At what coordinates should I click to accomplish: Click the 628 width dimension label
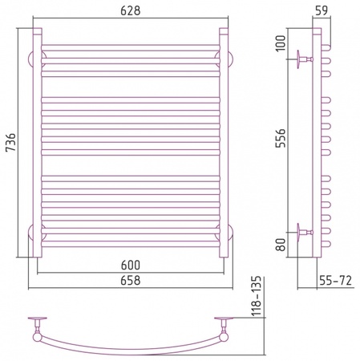tap(130, 10)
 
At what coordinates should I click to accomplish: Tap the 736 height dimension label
tap(11, 142)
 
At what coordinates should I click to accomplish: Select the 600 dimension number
tap(131, 265)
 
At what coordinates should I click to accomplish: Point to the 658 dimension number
tap(131, 281)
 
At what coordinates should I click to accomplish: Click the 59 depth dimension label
tap(322, 10)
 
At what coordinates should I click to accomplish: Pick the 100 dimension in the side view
tap(281, 43)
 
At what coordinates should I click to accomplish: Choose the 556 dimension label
tap(281, 138)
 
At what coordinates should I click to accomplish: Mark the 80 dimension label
tap(281, 245)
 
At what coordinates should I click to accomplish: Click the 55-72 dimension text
tap(335, 281)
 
